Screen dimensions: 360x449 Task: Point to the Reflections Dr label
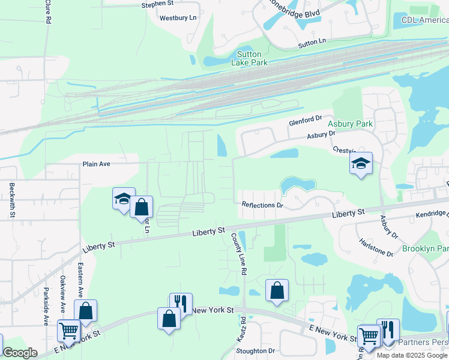click(x=262, y=205)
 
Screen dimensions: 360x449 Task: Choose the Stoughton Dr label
click(x=256, y=351)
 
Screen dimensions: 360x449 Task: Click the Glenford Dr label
click(x=306, y=120)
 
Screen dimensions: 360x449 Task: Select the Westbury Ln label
click(x=178, y=18)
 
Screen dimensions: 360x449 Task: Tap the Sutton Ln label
click(x=312, y=43)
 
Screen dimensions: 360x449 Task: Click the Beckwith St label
click(x=11, y=200)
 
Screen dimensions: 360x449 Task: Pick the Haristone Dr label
click(x=376, y=248)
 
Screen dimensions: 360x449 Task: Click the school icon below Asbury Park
click(x=361, y=164)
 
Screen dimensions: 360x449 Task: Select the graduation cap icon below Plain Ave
click(x=122, y=199)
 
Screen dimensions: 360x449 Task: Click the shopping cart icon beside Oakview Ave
click(x=69, y=330)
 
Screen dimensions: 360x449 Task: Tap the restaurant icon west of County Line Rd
click(x=181, y=304)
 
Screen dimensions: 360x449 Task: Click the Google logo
click(x=20, y=353)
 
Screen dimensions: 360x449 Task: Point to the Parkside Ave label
click(x=46, y=307)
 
